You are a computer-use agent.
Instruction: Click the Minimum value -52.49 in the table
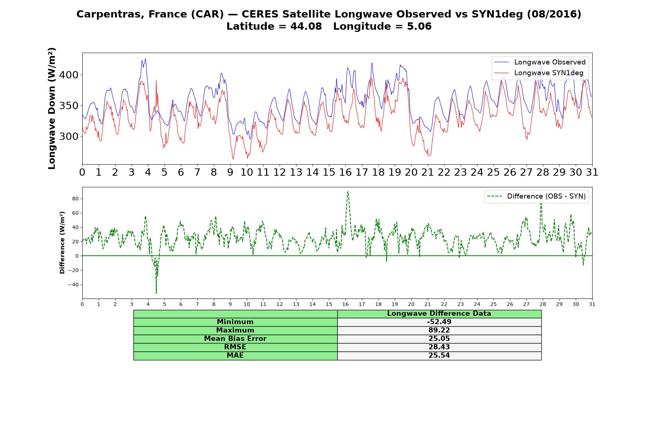click(439, 322)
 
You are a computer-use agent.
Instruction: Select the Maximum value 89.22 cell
click(439, 330)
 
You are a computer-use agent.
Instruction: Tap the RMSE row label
click(235, 347)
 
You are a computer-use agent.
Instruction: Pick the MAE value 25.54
click(439, 355)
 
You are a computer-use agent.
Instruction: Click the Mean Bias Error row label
click(235, 339)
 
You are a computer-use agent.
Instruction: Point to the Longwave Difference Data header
click(439, 314)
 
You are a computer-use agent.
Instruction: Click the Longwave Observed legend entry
click(540, 62)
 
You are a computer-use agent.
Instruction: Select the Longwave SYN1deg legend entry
click(539, 73)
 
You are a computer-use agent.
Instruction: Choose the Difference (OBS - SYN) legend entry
click(536, 196)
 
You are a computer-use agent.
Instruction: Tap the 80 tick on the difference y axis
click(75, 199)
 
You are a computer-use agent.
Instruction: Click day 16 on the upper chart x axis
click(345, 172)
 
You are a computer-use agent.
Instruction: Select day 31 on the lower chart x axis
click(592, 304)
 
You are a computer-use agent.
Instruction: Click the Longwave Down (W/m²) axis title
click(52, 108)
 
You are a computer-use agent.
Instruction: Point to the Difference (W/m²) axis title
click(62, 243)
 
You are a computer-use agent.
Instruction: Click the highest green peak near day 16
click(348, 192)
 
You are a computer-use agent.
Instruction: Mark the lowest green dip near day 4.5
click(156, 293)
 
